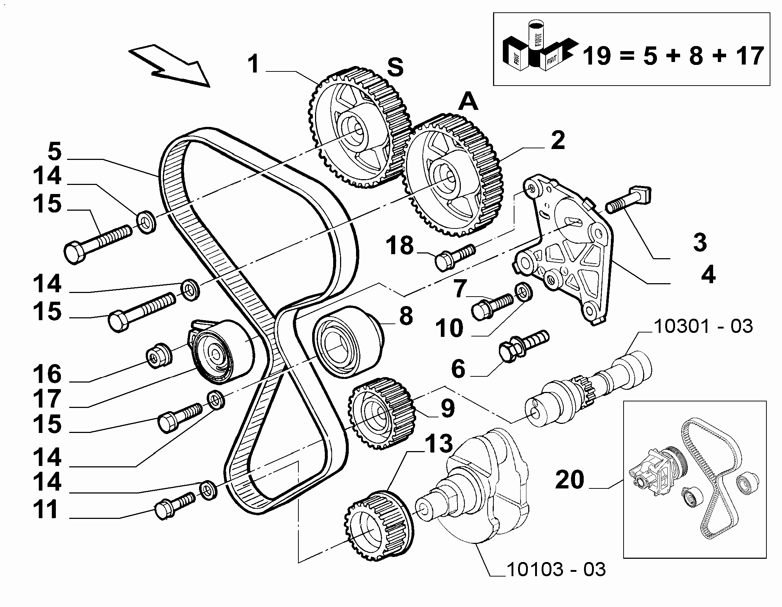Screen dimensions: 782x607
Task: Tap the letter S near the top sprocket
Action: coord(395,68)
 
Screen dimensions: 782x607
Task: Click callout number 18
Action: coord(400,245)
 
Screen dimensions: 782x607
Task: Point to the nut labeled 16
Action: coord(158,355)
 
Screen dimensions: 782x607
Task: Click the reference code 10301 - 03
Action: coord(703,327)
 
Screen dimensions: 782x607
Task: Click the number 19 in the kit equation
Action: coord(599,56)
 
